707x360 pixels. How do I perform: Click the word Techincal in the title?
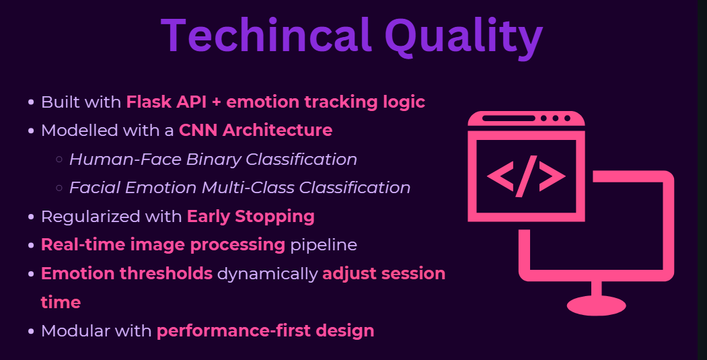pos(266,35)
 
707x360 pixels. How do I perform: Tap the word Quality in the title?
pos(463,38)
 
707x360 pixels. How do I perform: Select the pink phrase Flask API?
pos(166,102)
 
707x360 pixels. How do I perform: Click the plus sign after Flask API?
pos(217,102)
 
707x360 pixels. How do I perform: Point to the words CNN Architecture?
pos(256,131)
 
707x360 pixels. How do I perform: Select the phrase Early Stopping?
pos(251,217)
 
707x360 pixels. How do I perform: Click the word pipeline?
pos(324,246)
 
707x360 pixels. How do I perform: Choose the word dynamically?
pos(267,275)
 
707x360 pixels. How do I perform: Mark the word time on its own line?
pos(61,302)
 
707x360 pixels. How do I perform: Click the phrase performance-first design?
pos(266,331)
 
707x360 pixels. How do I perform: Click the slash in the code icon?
pos(526,176)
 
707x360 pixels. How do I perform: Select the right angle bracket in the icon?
pos(552,176)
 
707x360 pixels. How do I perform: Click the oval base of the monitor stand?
pos(596,305)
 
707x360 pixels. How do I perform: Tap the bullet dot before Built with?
pos(31,102)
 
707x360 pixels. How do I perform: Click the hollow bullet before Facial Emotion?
pos(59,188)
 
